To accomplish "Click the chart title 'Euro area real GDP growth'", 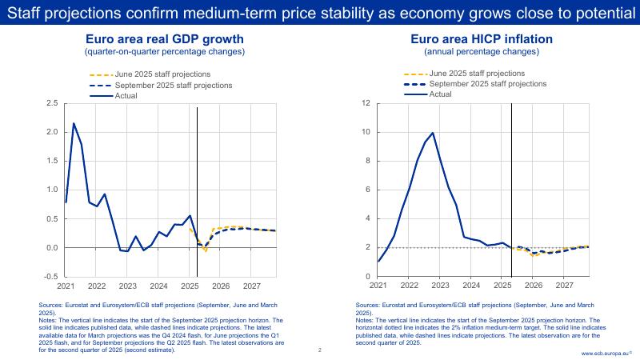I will (165, 39).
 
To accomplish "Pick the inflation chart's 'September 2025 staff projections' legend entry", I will (487, 84).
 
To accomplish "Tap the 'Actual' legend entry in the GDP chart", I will (126, 95).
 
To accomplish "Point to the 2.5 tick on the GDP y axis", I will (52, 103).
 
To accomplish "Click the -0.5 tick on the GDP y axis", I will (50, 277).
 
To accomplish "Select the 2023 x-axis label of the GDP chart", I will (128, 286).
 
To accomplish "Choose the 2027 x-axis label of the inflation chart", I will (565, 286).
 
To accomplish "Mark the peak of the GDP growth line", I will (74, 123).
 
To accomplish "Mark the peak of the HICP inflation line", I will (433, 133).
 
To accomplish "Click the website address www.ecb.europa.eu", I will (605, 353).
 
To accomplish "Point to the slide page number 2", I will (319, 350).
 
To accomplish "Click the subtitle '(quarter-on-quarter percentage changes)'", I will (165, 52).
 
